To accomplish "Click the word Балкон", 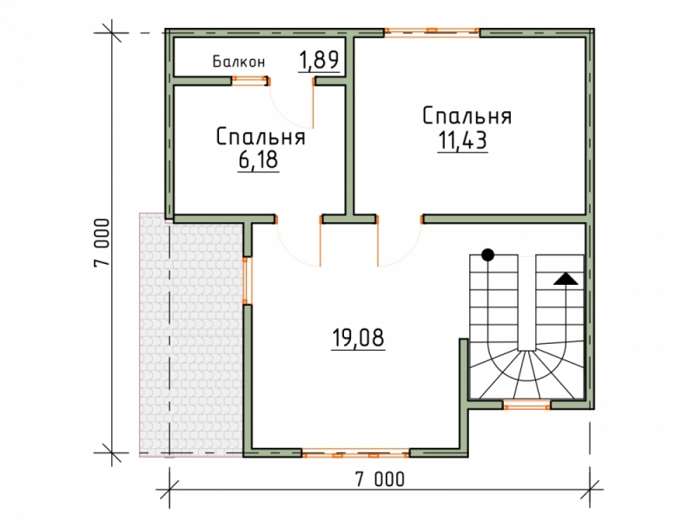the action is [x=239, y=62].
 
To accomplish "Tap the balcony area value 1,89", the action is [x=319, y=60].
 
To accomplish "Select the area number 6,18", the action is [x=258, y=160].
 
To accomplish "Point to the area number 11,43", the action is [x=463, y=141].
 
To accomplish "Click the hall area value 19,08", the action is [x=358, y=338].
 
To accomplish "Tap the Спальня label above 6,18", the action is [x=261, y=136].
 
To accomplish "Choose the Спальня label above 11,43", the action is [x=467, y=116].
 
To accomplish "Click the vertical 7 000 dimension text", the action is [x=102, y=242].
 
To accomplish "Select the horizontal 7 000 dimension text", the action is [x=380, y=479].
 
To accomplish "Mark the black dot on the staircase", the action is [x=487, y=254].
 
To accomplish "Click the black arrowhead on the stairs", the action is [x=566, y=279].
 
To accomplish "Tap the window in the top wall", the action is [x=432, y=31].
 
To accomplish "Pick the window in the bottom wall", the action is [x=355, y=453].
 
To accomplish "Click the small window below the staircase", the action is [x=526, y=405].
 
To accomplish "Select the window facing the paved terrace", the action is [x=247, y=280].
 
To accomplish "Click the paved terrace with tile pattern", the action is [x=191, y=334].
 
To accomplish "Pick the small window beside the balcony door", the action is [x=250, y=81].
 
